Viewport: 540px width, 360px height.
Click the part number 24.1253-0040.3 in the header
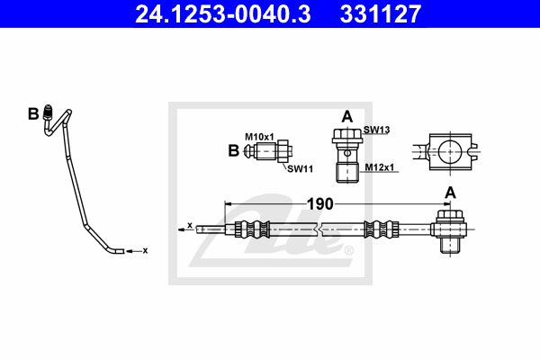point(223,14)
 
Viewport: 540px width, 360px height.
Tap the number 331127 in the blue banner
point(381,14)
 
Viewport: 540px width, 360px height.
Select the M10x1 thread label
point(259,137)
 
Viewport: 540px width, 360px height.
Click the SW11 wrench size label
point(301,169)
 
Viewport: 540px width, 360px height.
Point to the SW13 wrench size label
point(377,130)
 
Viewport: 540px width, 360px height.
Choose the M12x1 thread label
point(380,167)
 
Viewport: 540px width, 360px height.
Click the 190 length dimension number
point(319,204)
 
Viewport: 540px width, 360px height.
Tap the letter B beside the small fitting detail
point(233,151)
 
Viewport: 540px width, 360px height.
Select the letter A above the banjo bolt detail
point(347,116)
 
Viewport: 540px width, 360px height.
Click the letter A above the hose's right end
point(451,193)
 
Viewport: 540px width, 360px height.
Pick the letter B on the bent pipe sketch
point(33,114)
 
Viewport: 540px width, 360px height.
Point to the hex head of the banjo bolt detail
point(347,136)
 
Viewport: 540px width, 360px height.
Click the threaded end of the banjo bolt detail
point(347,174)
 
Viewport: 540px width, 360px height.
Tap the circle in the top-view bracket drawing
point(450,151)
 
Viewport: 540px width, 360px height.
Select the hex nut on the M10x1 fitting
point(283,151)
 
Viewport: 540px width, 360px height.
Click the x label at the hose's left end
point(190,225)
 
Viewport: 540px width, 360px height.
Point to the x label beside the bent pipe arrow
point(145,251)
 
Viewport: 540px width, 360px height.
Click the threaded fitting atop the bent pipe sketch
point(49,112)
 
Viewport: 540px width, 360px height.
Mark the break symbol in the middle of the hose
point(319,229)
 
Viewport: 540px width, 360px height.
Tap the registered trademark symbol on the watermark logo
point(348,250)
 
